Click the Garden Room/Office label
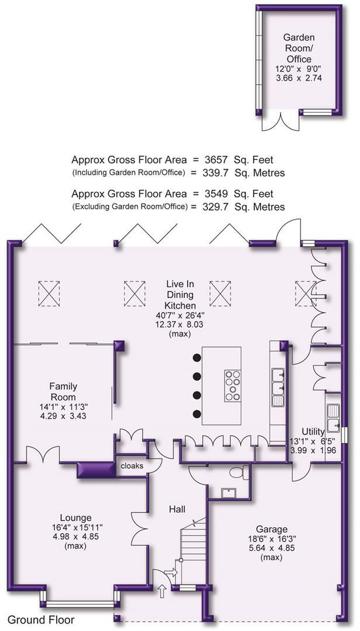click(x=299, y=48)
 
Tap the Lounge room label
click(x=75, y=518)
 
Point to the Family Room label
click(x=63, y=386)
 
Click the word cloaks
click(x=132, y=466)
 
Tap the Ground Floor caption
click(x=41, y=619)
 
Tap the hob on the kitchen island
click(x=233, y=385)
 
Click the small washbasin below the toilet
click(x=227, y=493)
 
